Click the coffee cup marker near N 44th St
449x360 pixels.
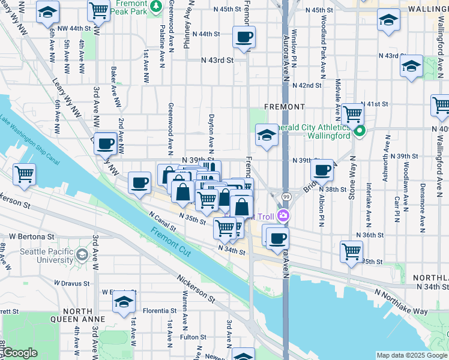pyautogui.click(x=244, y=37)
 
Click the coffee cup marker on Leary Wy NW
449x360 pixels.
pyautogui.click(x=106, y=143)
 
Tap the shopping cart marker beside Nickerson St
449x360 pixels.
pyautogui.click(x=25, y=175)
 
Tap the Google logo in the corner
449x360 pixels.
pyautogui.click(x=19, y=353)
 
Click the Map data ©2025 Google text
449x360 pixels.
pyautogui.click(x=411, y=355)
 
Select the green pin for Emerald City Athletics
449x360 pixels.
pyautogui.click(x=360, y=131)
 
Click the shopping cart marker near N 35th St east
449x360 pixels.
pyautogui.click(x=351, y=251)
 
